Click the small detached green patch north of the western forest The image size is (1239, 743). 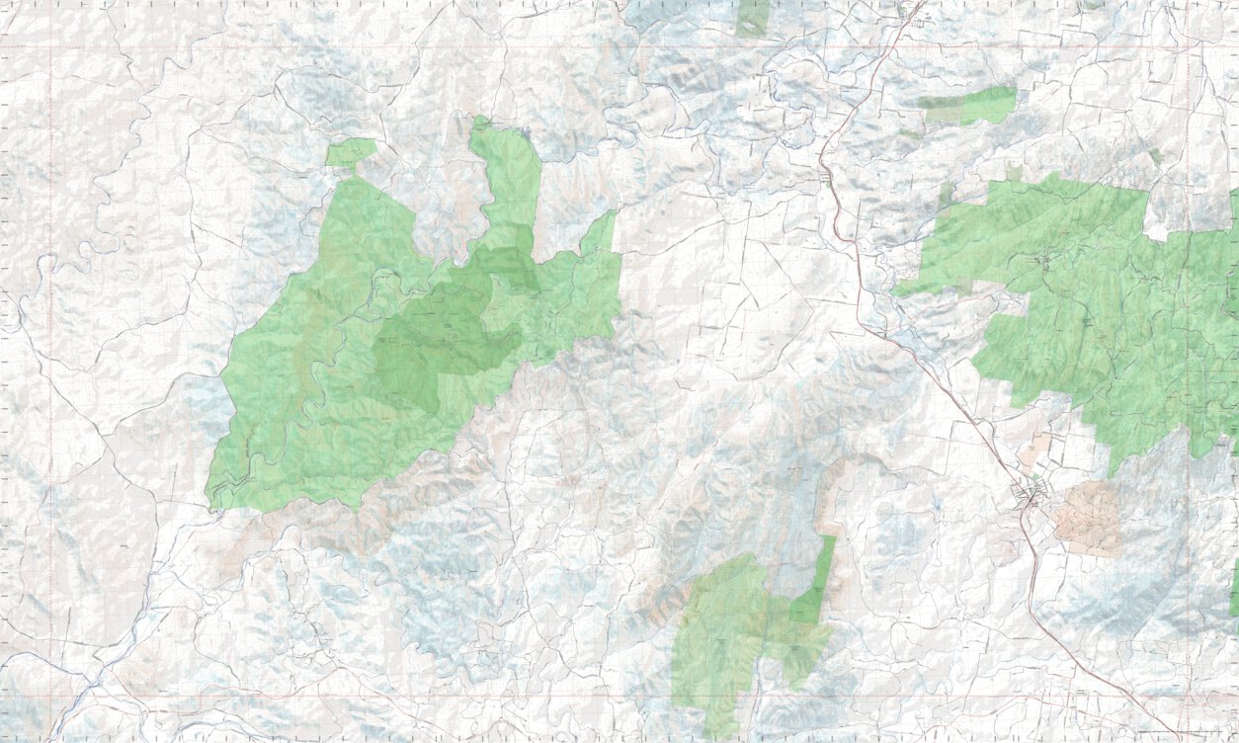pos(351,152)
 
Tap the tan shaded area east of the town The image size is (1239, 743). pos(1087,518)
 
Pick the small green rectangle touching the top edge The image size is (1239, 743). pos(752,18)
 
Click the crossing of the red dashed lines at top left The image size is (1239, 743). pos(51,47)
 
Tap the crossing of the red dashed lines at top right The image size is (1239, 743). pos(1186,47)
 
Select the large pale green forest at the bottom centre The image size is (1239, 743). pos(721,632)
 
